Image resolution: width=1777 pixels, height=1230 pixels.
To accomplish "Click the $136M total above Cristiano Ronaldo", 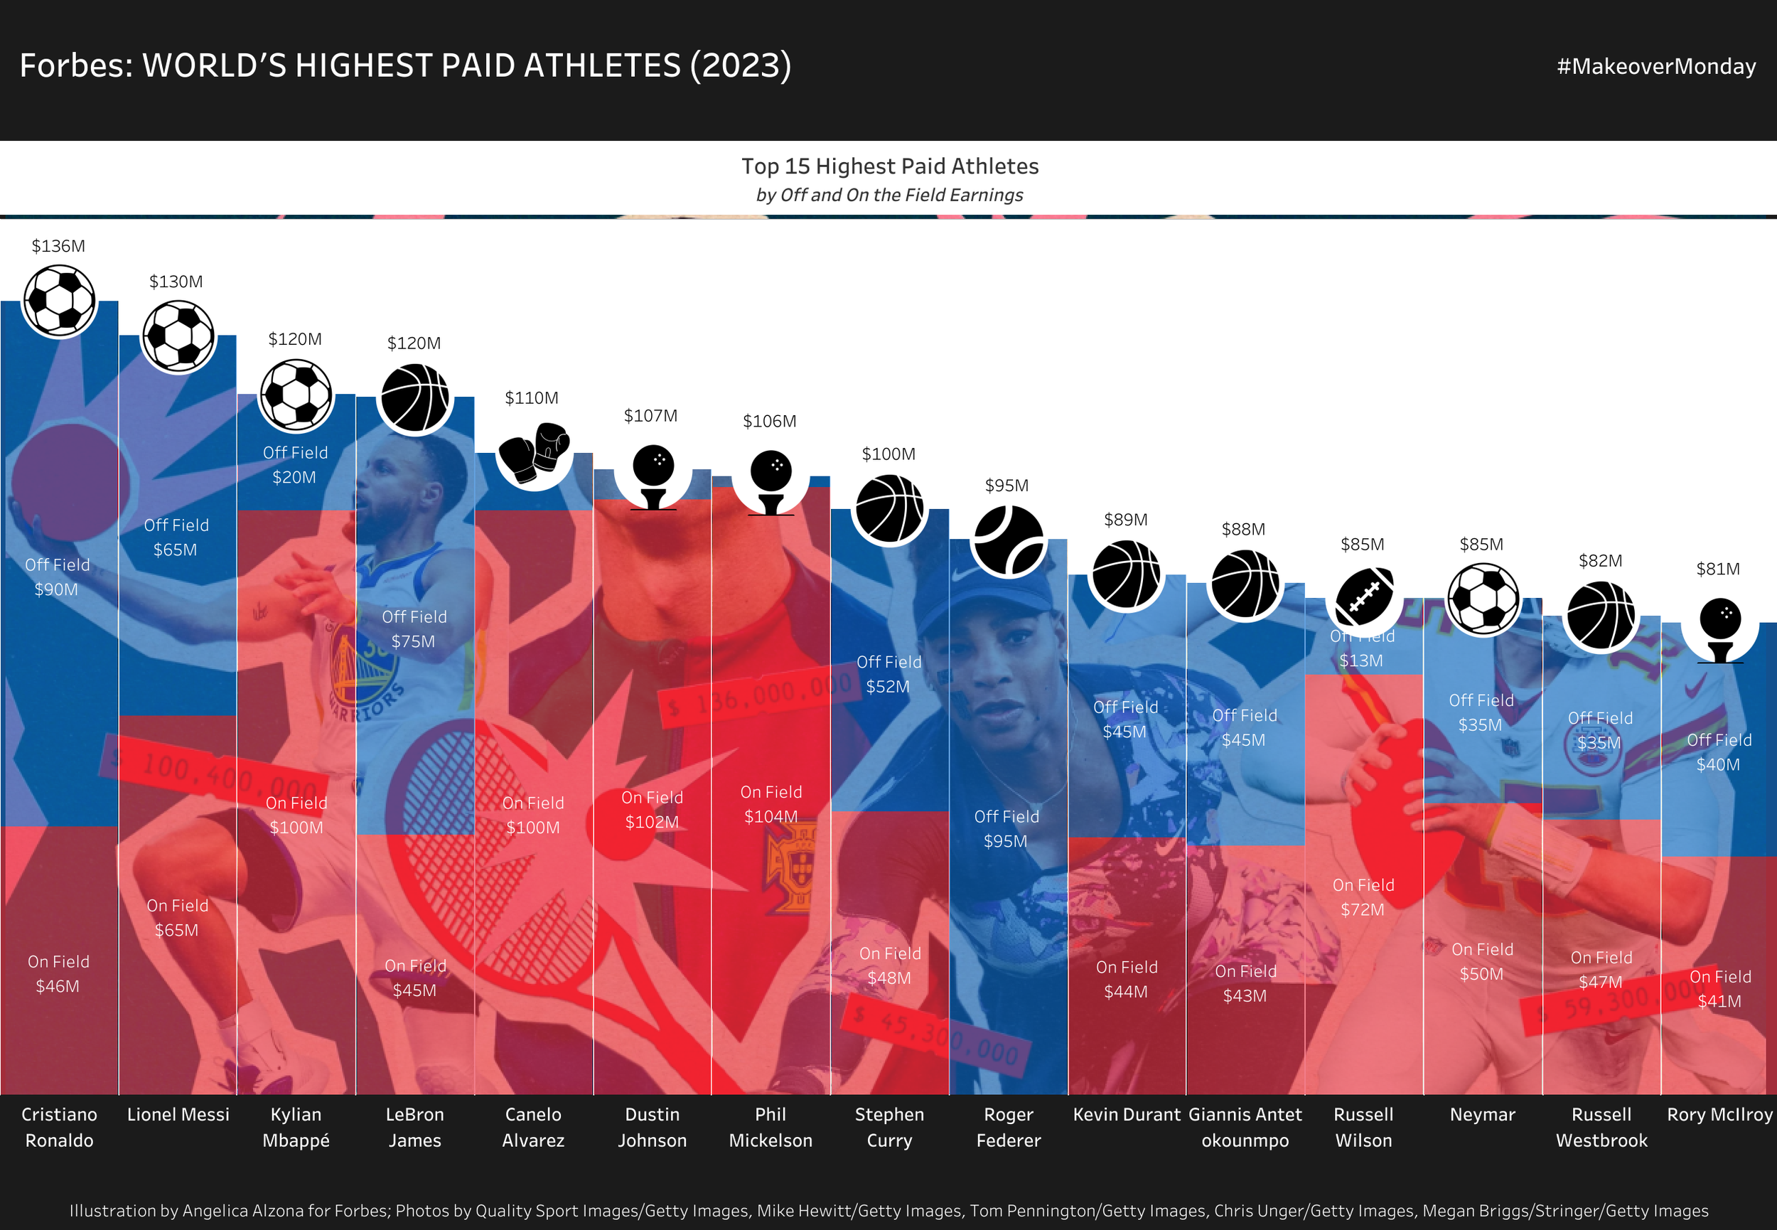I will (58, 246).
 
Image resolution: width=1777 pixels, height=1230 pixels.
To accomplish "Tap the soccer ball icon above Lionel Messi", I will (178, 336).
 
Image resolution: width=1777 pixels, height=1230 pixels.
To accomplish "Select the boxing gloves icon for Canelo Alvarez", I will (533, 452).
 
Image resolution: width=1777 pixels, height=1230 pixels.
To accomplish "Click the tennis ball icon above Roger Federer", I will (1007, 541).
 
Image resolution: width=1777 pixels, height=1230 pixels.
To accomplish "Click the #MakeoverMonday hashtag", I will (1656, 66).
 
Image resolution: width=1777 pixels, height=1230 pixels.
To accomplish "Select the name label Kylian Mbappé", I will (296, 1127).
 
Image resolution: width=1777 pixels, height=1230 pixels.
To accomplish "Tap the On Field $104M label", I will (771, 804).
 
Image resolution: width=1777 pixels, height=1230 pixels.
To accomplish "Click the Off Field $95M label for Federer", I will (1006, 828).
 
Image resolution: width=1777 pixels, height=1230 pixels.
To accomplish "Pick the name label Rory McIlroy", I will (1719, 1114).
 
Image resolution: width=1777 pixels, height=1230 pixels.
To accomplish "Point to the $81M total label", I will (1718, 569).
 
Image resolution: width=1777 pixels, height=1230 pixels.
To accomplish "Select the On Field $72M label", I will (1363, 897).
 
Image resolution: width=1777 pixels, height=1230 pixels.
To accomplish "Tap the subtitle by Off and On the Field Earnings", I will (889, 195).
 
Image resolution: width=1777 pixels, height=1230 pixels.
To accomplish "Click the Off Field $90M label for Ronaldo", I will (57, 577).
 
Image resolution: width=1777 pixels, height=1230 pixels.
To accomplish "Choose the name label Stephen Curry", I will (889, 1127).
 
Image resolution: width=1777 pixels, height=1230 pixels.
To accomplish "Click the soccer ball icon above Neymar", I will (1483, 599).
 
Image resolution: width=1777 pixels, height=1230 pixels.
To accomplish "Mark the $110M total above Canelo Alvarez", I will (532, 397).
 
